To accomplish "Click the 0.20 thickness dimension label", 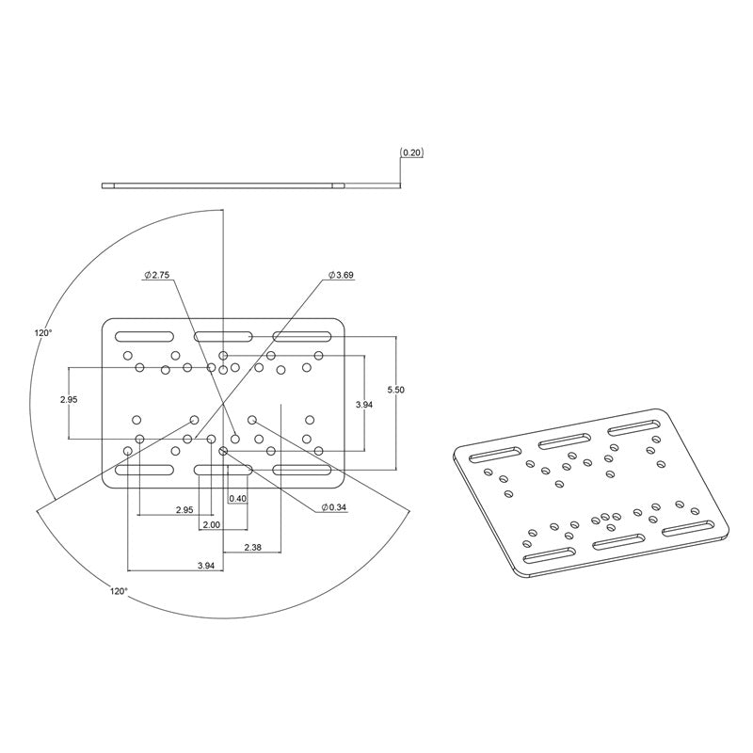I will click(411, 152).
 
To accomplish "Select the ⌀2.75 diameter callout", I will click(156, 275).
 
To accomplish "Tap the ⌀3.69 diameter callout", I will click(341, 275).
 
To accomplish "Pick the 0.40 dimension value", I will click(237, 498).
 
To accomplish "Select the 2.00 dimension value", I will click(211, 523).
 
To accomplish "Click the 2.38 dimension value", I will click(253, 547).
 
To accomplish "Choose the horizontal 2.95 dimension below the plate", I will click(184, 509).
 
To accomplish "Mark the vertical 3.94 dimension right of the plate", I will click(363, 405).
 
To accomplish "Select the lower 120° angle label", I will click(117, 591).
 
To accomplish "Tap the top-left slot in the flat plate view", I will click(144, 337).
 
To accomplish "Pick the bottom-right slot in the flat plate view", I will click(301, 468).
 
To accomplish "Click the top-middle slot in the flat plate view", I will click(222, 337).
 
